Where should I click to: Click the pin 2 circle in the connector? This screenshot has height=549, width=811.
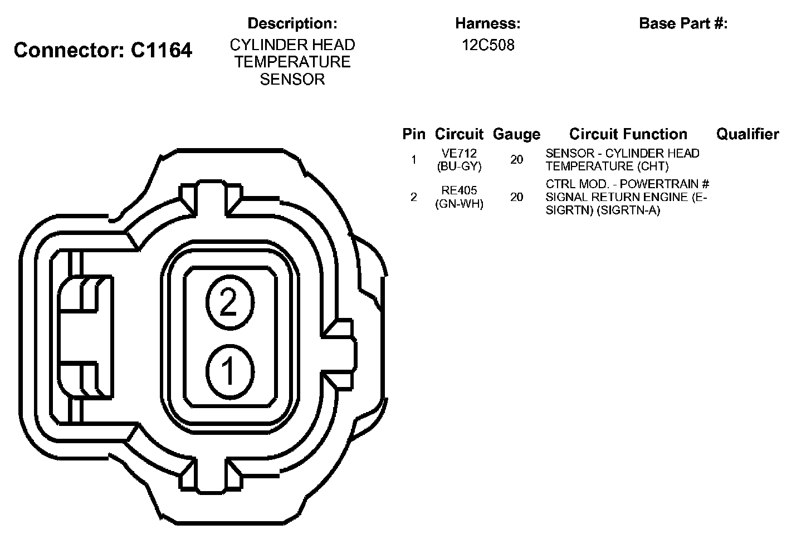230,302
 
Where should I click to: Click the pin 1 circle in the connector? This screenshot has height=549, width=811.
230,372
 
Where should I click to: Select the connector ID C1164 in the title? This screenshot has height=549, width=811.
161,50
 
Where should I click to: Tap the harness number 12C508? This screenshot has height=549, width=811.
488,45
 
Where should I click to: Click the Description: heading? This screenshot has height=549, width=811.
292,23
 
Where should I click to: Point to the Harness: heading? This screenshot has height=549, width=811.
488,23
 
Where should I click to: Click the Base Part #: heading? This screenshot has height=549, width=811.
683,23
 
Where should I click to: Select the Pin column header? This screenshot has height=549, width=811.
414,134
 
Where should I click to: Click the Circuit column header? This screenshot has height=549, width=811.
459,134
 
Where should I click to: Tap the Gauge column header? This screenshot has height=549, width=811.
517,134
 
